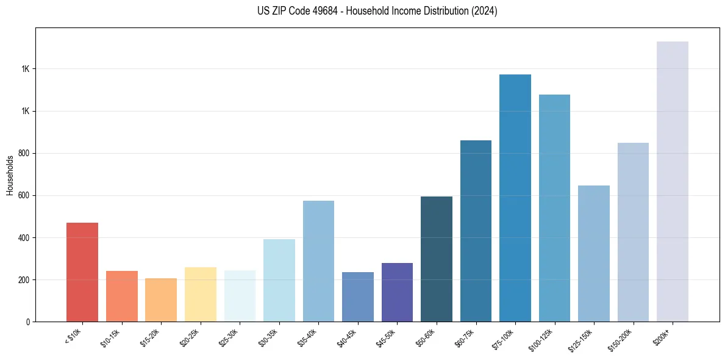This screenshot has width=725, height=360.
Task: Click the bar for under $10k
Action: click(82, 272)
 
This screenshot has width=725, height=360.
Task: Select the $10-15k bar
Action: click(122, 296)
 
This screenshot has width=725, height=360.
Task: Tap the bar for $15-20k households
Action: click(161, 300)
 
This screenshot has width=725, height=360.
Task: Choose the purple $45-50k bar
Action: click(397, 292)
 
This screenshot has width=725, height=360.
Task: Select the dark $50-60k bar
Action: click(437, 259)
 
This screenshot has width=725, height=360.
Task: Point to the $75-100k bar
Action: click(515, 198)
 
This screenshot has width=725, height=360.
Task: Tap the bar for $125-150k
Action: click(594, 253)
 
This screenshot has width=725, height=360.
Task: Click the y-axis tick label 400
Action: click(25, 237)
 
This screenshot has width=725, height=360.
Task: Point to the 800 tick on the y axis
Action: click(25, 153)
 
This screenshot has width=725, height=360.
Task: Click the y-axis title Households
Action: click(10, 175)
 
